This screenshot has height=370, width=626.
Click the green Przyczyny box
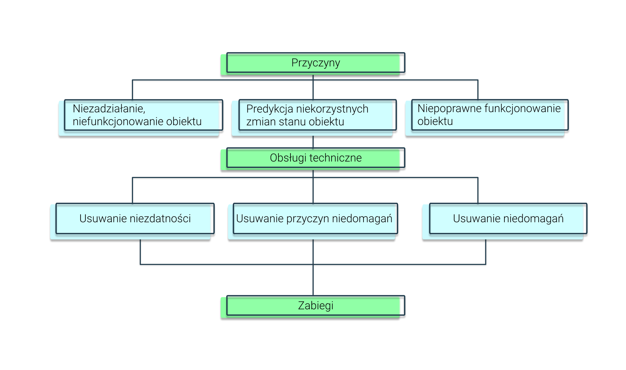click(316, 63)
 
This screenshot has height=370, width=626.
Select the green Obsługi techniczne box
click(316, 158)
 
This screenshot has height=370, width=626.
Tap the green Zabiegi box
click(316, 306)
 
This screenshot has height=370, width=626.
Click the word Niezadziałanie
click(109, 108)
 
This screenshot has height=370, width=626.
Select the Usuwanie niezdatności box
click(135, 218)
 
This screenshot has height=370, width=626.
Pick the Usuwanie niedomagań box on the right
click(508, 218)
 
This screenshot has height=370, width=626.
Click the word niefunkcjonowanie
click(118, 121)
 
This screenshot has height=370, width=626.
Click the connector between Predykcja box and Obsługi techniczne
click(313, 142)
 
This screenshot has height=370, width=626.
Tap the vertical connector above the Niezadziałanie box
click(132, 90)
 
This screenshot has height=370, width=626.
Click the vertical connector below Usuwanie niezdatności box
click(140, 251)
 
